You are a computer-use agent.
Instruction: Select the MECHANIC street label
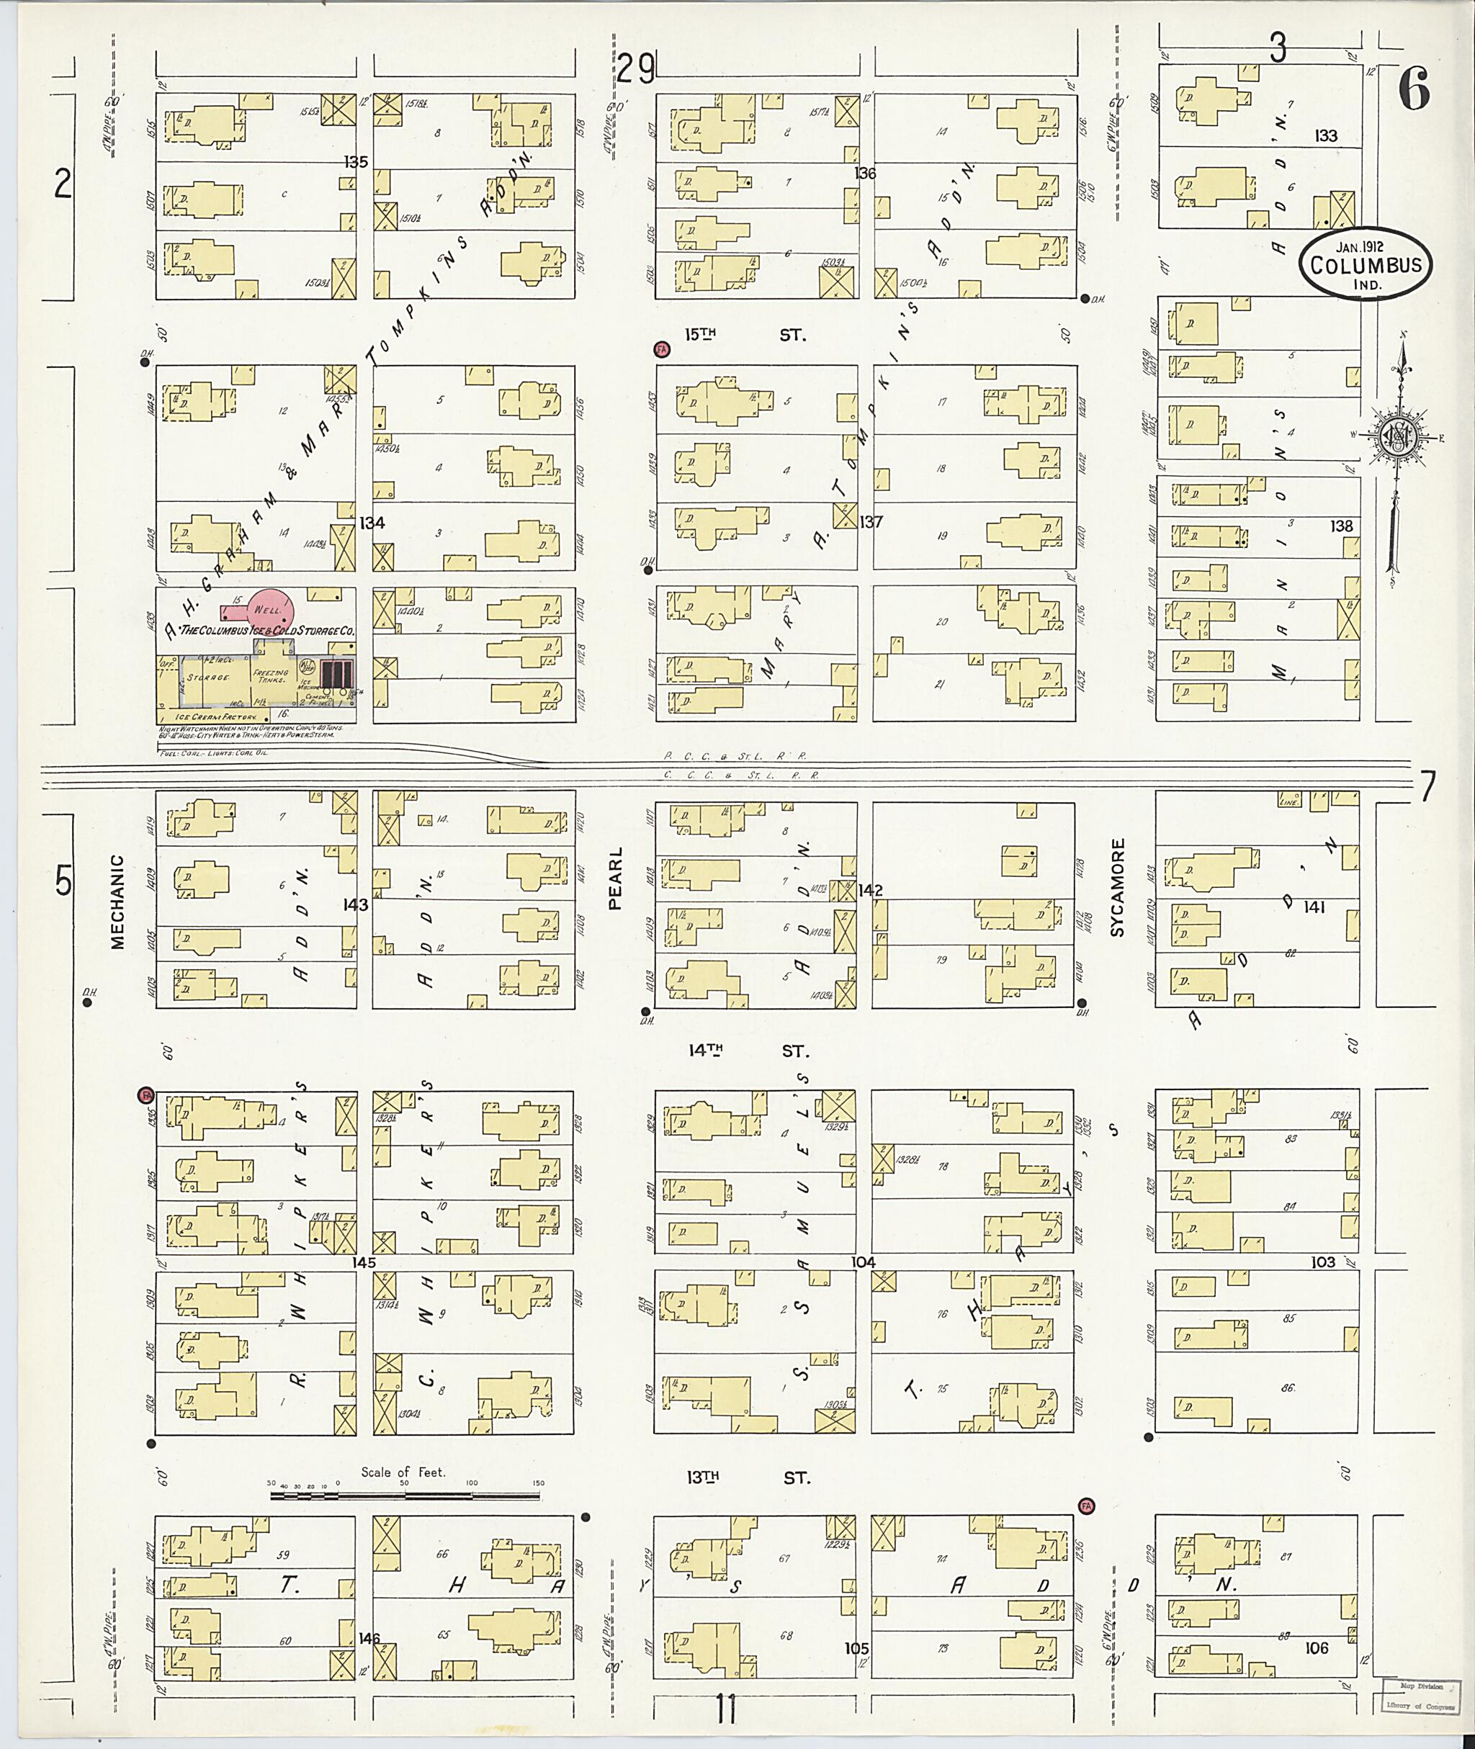coord(117,902)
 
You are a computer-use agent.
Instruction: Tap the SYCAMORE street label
coord(1118,886)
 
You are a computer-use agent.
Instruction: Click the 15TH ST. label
coord(744,336)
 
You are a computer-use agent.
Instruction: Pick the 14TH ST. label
coord(749,1051)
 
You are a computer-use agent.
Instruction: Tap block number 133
coord(1325,136)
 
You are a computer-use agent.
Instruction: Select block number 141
coord(1314,907)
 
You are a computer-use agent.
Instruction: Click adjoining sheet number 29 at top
coord(637,68)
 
